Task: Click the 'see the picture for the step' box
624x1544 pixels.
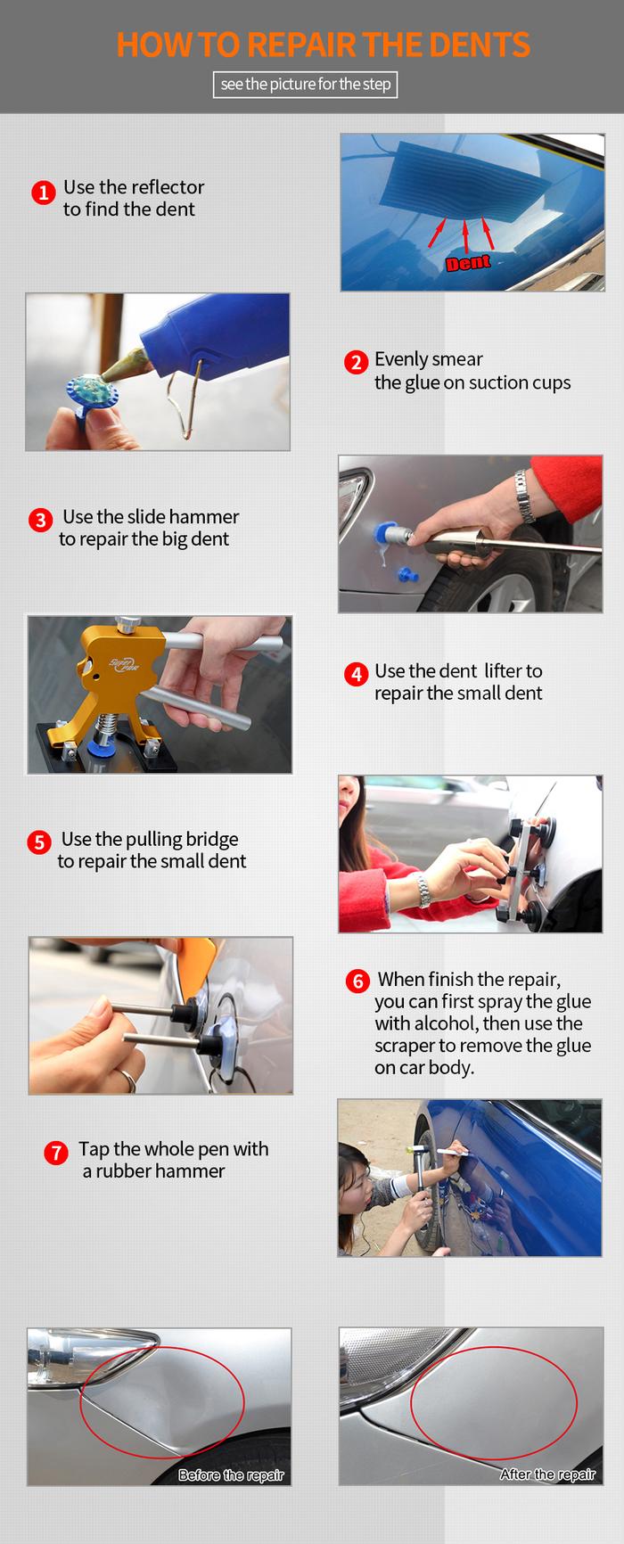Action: pyautogui.click(x=305, y=85)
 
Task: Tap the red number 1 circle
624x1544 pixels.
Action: pyautogui.click(x=44, y=193)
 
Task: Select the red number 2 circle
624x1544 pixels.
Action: pyautogui.click(x=356, y=362)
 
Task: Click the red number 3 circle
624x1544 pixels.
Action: pyautogui.click(x=40, y=520)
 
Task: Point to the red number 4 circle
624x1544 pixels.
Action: pyautogui.click(x=357, y=674)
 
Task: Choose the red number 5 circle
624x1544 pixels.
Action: pyautogui.click(x=38, y=842)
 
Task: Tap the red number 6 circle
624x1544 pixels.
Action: pyautogui.click(x=357, y=981)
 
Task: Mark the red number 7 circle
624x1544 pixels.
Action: pyautogui.click(x=56, y=1153)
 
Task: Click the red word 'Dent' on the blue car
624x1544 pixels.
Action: pyautogui.click(x=468, y=262)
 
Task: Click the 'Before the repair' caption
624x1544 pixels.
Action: pyautogui.click(x=231, y=1475)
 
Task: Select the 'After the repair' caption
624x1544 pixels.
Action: pyautogui.click(x=547, y=1474)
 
